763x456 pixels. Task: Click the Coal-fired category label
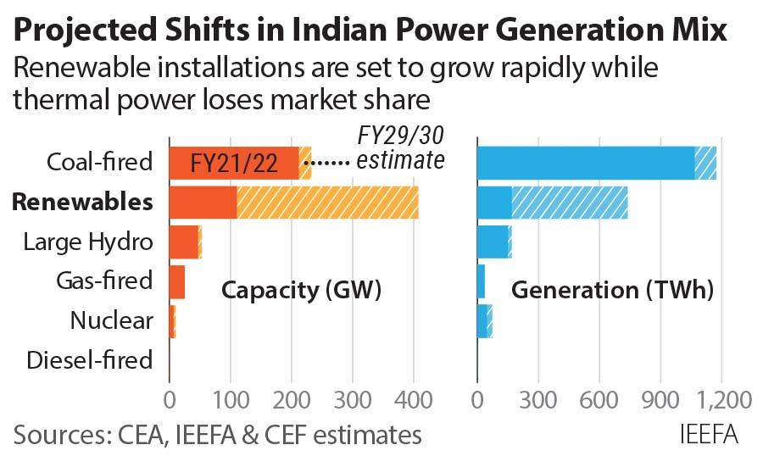click(x=100, y=163)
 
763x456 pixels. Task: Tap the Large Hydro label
click(x=88, y=242)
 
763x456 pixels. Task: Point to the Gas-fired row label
click(x=104, y=281)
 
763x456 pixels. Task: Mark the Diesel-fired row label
click(x=90, y=360)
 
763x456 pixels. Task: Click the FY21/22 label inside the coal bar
click(x=235, y=164)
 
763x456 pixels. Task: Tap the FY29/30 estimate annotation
click(x=398, y=147)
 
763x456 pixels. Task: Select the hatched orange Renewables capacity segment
click(x=327, y=203)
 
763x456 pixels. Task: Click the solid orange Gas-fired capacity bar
click(x=176, y=281)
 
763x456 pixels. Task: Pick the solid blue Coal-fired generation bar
click(x=585, y=163)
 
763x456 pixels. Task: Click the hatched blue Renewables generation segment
click(x=569, y=203)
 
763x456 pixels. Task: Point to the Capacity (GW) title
click(x=301, y=291)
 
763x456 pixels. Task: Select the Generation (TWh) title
click(x=612, y=291)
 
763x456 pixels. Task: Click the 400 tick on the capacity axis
click(x=414, y=399)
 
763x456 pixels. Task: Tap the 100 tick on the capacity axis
click(x=230, y=399)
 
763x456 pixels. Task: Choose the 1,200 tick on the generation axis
click(x=723, y=399)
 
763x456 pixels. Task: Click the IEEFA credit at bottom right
click(x=710, y=435)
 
